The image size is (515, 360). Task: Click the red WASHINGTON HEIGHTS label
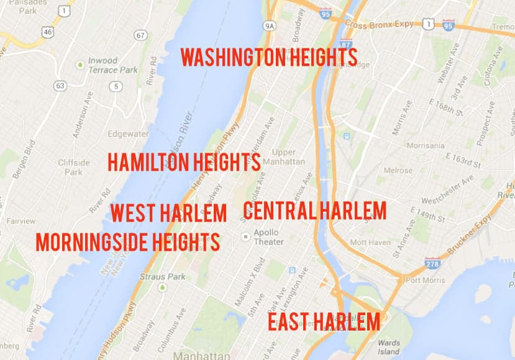click(268, 58)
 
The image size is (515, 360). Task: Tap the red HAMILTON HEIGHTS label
click(184, 162)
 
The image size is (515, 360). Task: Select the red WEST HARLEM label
click(168, 213)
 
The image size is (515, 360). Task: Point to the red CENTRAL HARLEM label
click(314, 211)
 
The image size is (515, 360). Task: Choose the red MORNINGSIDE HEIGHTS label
click(128, 242)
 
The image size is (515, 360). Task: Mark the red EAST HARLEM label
click(324, 322)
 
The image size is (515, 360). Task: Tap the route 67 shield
click(141, 35)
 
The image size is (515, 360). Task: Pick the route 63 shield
click(60, 86)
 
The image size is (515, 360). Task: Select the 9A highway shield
click(269, 26)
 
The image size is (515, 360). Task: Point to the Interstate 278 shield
click(433, 263)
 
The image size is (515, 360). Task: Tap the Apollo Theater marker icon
click(246, 236)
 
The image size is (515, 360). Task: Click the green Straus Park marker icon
click(162, 287)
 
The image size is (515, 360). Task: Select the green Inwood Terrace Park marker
click(80, 65)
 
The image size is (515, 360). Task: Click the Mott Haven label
click(370, 242)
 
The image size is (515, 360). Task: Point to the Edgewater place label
click(128, 133)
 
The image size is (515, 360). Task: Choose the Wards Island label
click(388, 348)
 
